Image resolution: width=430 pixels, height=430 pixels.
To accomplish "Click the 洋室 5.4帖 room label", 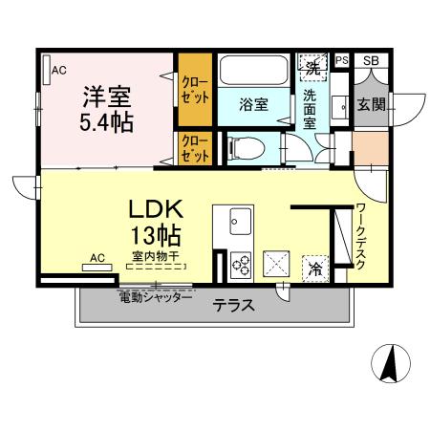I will (105, 109).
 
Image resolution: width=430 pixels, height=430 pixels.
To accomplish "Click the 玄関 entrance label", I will (372, 104).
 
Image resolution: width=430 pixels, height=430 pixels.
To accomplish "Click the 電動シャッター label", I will (155, 298).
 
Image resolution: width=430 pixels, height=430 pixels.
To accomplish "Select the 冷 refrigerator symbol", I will (314, 269).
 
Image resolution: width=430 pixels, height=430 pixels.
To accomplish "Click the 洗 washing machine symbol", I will (312, 68).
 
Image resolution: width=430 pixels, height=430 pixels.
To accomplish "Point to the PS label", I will (341, 61).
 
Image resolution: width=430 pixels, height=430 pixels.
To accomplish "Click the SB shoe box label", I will (370, 61).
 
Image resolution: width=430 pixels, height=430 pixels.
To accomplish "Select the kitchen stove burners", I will (239, 263).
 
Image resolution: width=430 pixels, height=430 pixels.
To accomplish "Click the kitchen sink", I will (236, 225).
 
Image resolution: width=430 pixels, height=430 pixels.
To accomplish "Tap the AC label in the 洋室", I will (59, 70).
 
